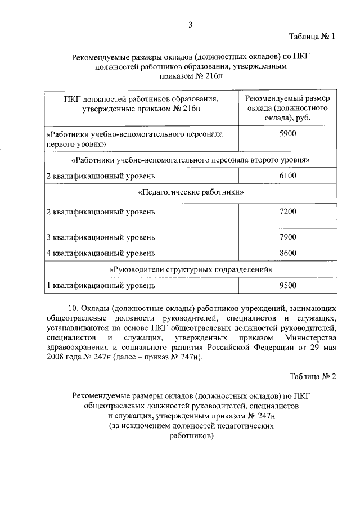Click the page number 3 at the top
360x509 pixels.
(190, 24)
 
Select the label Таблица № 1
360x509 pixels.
(313, 37)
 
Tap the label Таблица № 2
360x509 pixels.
(313, 376)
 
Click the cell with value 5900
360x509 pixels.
(287, 134)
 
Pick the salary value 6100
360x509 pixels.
(287, 177)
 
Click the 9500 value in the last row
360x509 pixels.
(287, 286)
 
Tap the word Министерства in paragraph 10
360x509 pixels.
(310, 337)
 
